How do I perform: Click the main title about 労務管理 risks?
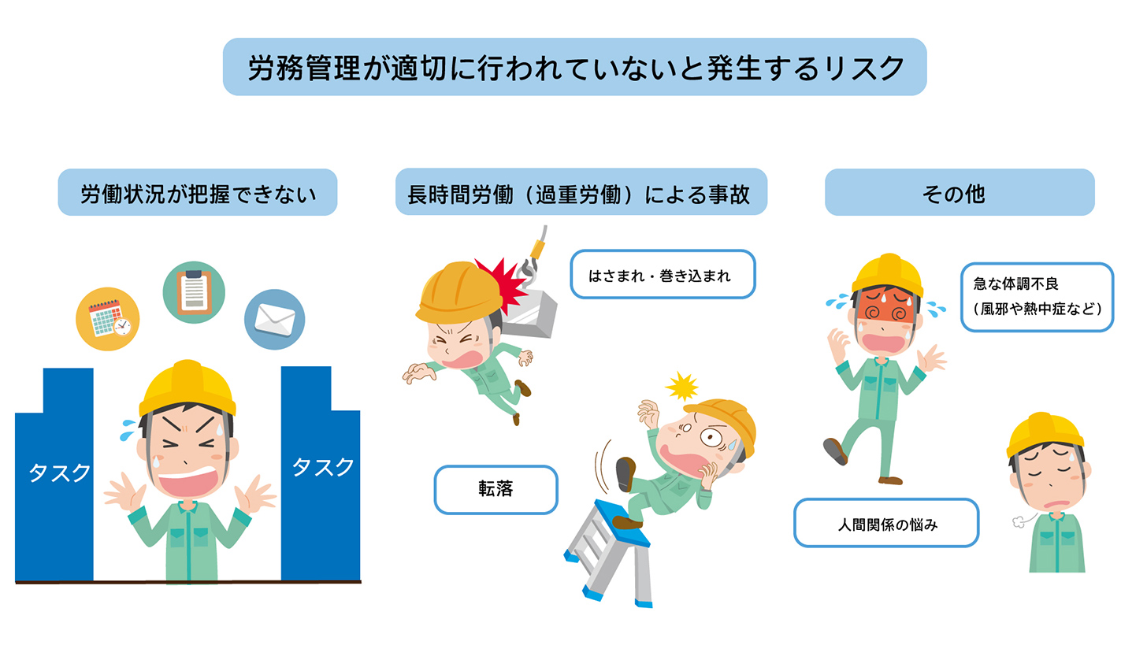coord(574,68)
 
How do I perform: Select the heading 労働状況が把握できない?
coord(198,193)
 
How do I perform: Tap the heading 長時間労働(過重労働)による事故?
coord(581,193)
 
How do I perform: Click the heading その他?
coord(959,193)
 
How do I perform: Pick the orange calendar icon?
coord(107,318)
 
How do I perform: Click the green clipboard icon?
coord(193,292)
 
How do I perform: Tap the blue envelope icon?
coord(274,319)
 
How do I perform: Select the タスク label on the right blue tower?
coord(323,466)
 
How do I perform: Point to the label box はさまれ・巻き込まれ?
coord(662,275)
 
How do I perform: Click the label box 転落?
coord(496,489)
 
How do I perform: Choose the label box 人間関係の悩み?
coord(885,523)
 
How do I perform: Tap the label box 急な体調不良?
coord(1036,297)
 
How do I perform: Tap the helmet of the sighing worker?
coord(1045,433)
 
